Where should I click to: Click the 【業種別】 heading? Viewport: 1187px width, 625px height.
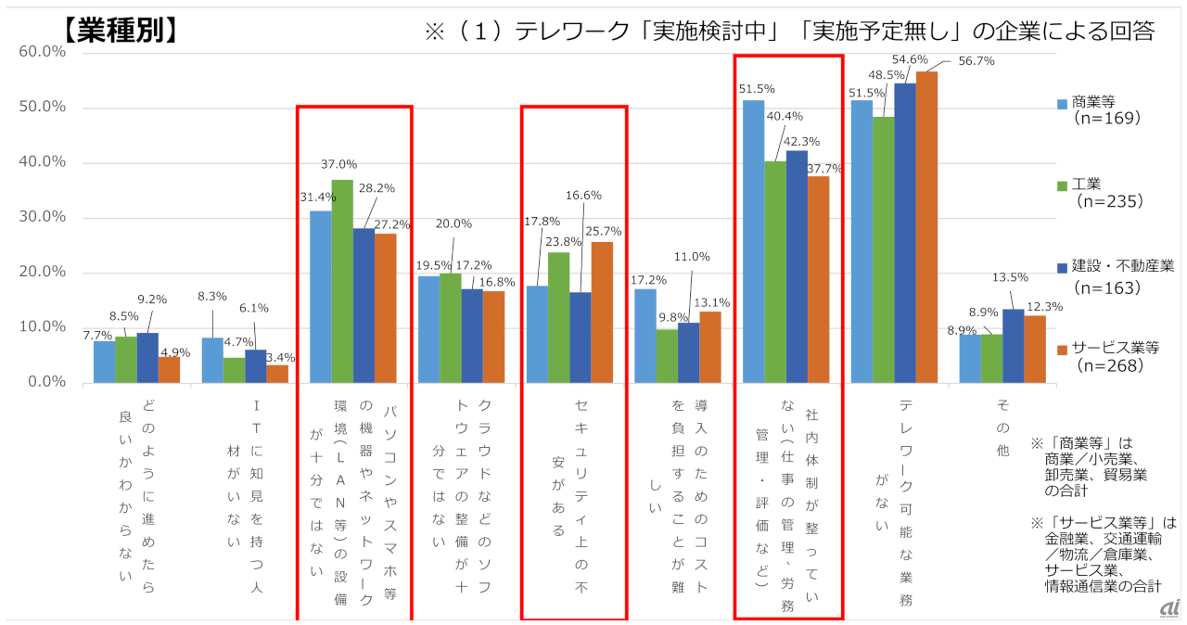click(121, 31)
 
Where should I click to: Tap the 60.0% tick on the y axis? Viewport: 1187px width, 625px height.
click(42, 53)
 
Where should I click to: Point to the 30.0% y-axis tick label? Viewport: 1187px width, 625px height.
click(42, 218)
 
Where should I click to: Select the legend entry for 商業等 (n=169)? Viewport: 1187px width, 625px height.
click(1104, 110)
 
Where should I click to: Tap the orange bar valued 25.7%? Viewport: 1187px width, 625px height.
click(602, 312)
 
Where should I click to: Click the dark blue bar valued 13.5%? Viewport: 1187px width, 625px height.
click(1013, 345)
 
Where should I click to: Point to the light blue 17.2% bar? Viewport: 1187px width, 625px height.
click(645, 335)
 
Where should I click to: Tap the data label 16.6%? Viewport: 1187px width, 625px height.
click(583, 195)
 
